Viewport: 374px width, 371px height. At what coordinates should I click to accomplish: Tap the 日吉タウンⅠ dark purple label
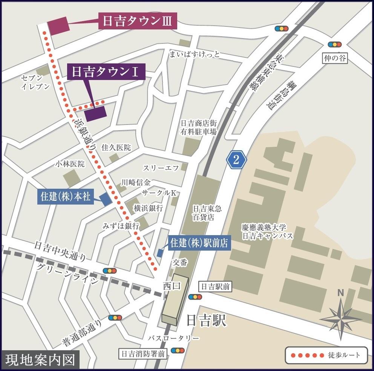(106, 72)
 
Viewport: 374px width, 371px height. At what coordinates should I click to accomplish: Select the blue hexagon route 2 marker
(236, 160)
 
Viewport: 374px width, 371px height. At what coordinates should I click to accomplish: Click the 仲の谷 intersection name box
(334, 58)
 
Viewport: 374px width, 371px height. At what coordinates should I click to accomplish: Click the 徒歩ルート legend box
(326, 355)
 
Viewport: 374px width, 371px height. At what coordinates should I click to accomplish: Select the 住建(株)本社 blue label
(66, 197)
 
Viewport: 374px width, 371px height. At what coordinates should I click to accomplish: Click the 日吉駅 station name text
(206, 321)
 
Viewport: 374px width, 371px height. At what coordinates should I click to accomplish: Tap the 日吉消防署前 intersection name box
(143, 354)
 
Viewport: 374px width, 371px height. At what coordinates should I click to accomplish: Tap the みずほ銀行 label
(121, 226)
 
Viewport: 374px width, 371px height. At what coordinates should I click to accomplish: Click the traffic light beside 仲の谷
(334, 44)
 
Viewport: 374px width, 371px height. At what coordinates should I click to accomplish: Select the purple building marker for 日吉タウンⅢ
(58, 26)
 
